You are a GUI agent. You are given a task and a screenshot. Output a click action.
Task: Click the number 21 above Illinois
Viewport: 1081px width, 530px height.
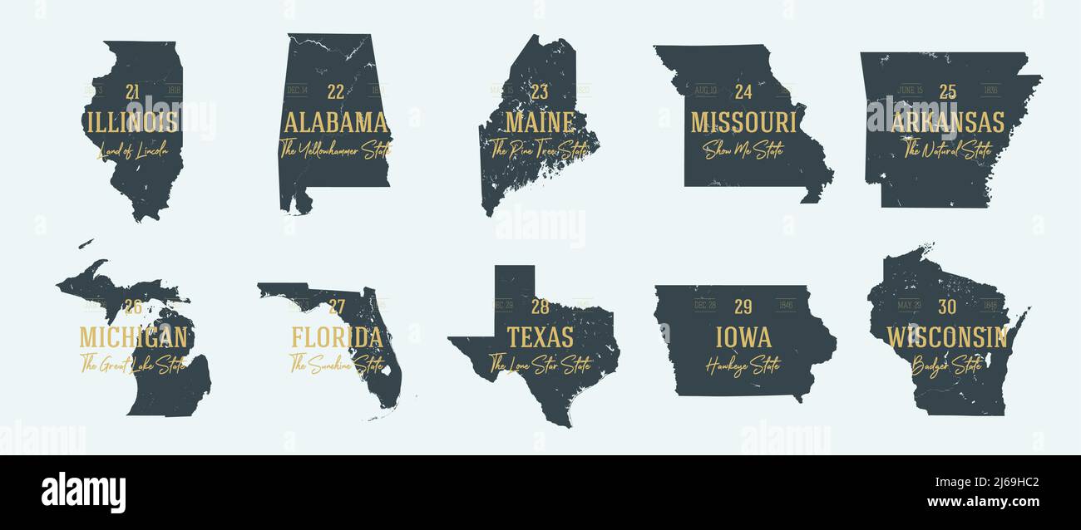pyautogui.click(x=133, y=91)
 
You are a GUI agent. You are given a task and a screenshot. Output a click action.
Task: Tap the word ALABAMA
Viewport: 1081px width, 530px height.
pyautogui.click(x=336, y=122)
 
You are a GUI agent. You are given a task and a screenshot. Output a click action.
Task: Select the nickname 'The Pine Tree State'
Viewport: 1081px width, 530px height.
pyautogui.click(x=539, y=150)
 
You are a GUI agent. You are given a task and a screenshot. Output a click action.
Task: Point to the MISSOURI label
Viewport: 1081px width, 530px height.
pyautogui.click(x=743, y=122)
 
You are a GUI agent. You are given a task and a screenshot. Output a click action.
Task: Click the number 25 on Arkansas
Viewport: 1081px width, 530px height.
pyautogui.click(x=948, y=91)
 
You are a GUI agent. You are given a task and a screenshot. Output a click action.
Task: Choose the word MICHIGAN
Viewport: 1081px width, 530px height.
pyautogui.click(x=133, y=337)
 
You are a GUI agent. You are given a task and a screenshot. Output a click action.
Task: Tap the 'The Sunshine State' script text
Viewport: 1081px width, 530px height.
pyautogui.click(x=336, y=364)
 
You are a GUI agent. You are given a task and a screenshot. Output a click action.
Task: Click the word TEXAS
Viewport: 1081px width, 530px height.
pyautogui.click(x=540, y=337)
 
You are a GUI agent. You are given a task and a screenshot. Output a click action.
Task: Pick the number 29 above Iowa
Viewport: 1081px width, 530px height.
pyautogui.click(x=743, y=307)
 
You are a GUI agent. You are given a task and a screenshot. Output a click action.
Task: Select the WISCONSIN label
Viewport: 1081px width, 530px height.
pyautogui.click(x=947, y=337)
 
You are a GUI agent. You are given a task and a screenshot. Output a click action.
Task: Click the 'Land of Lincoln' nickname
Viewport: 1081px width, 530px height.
pyautogui.click(x=132, y=150)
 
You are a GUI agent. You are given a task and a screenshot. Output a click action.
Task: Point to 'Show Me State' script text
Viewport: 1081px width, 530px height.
pyautogui.click(x=743, y=150)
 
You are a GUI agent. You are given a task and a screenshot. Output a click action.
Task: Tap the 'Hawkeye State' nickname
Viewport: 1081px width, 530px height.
pyautogui.click(x=743, y=365)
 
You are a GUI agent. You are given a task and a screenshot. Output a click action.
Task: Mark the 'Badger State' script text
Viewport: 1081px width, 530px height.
pyautogui.click(x=946, y=365)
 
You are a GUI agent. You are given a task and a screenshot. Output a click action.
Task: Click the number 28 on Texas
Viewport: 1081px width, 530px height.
pyautogui.click(x=540, y=307)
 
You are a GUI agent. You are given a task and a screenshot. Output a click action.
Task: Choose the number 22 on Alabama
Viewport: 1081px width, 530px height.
pyautogui.click(x=336, y=91)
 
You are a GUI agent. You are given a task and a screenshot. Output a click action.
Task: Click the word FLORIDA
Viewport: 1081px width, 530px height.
pyautogui.click(x=337, y=337)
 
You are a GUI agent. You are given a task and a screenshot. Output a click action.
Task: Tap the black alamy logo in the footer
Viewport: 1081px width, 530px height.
pyautogui.click(x=83, y=492)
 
